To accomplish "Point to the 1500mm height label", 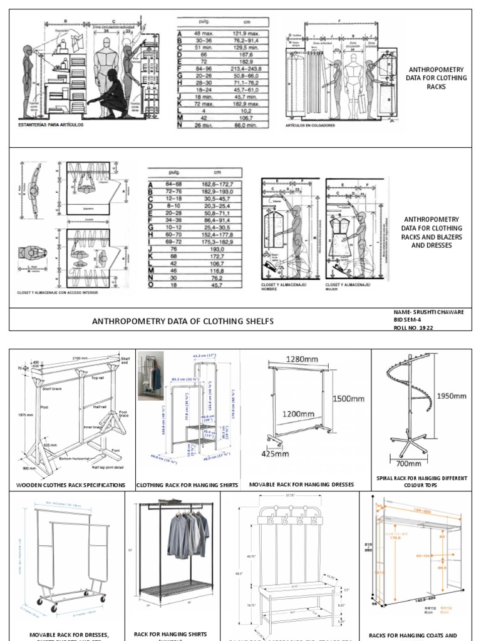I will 348,399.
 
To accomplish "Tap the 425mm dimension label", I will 273,454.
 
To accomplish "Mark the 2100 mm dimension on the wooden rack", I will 79,351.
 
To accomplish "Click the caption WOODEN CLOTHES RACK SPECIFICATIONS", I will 71,485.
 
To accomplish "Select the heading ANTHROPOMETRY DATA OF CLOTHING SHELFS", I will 183,321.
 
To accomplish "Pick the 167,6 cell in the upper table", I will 240,53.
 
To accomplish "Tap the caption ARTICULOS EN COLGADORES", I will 310,125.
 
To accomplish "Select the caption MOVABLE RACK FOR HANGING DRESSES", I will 301,485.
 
